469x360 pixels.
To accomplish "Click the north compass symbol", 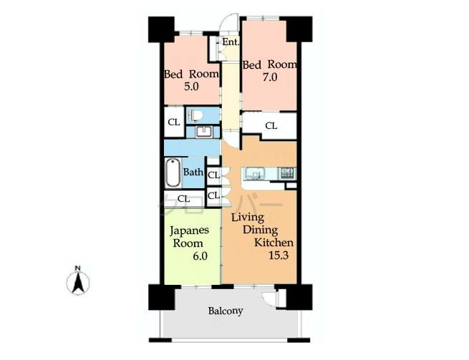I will click(77, 281).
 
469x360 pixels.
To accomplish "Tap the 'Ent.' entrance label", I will click(230, 42).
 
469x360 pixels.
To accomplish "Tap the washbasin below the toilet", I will click(203, 131).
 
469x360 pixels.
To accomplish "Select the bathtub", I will click(172, 172).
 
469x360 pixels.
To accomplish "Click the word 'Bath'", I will click(193, 172).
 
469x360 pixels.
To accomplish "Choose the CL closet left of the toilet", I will click(173, 122).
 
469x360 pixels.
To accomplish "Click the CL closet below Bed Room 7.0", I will click(271, 125).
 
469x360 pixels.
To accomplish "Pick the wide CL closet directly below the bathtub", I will click(183, 198).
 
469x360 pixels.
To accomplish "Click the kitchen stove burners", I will click(286, 172).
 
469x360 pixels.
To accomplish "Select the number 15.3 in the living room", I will click(278, 255).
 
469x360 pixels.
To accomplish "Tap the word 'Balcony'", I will click(226, 311).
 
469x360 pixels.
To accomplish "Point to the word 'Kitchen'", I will click(274, 242).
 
